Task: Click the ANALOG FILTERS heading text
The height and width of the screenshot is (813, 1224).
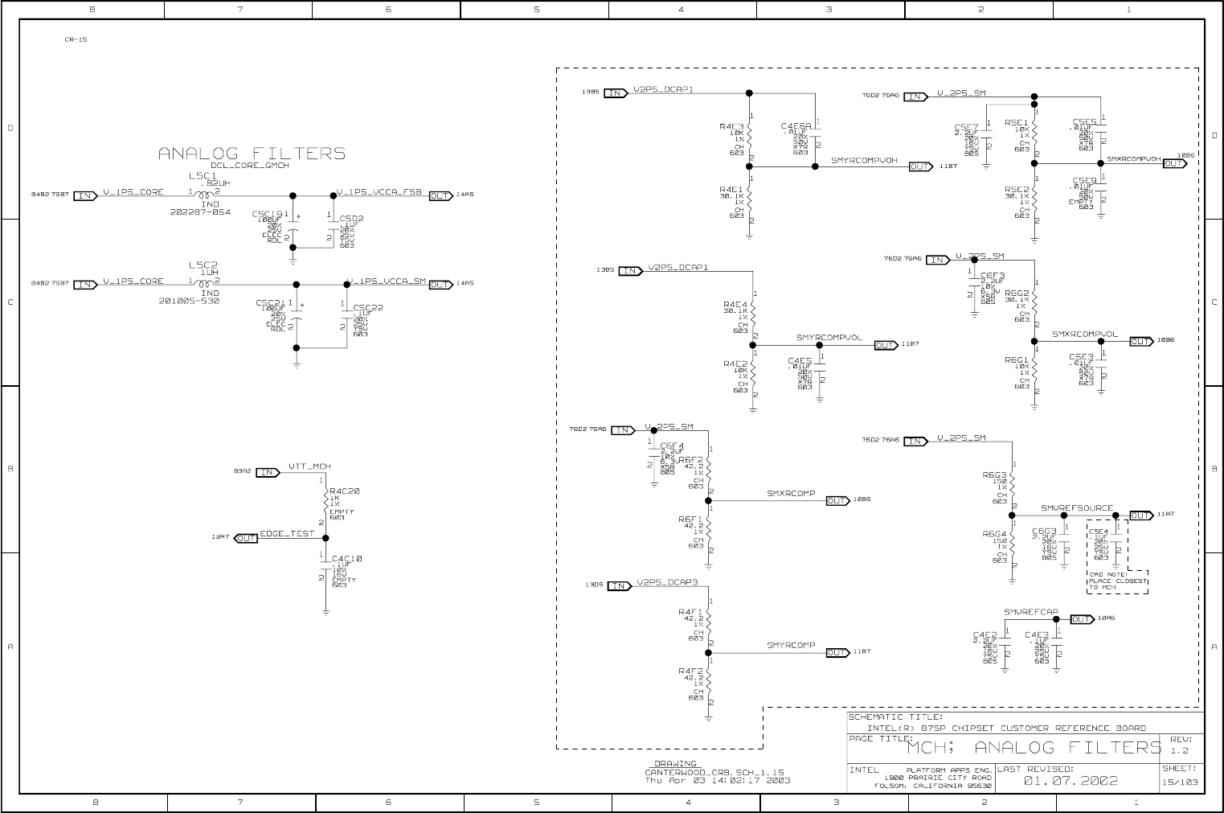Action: (252, 154)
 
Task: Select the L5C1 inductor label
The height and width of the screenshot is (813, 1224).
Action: (203, 175)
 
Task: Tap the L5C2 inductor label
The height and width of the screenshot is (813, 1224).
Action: (203, 265)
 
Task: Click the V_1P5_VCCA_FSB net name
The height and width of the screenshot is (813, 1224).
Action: (381, 192)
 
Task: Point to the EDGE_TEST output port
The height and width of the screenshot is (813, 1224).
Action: (247, 538)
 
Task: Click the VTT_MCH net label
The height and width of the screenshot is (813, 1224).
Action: (309, 466)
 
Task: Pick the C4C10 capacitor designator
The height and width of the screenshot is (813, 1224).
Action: (347, 558)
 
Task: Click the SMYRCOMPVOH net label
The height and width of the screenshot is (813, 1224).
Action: (864, 161)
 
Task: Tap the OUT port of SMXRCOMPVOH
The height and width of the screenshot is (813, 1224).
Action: (1174, 163)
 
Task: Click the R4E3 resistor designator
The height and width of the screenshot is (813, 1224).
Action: (731, 126)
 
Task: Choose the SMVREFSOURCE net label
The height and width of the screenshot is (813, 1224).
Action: (1077, 508)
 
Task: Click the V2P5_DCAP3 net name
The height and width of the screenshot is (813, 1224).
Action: (667, 582)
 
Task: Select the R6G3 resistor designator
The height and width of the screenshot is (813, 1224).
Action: (994, 475)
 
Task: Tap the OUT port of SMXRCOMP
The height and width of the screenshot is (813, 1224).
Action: (837, 501)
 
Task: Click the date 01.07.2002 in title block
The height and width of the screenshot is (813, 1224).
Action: (1070, 780)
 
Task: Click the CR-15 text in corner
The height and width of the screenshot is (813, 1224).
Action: (76, 39)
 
